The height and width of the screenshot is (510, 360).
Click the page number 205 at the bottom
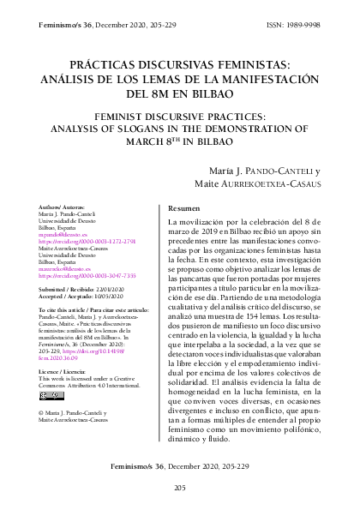coord(180,488)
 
